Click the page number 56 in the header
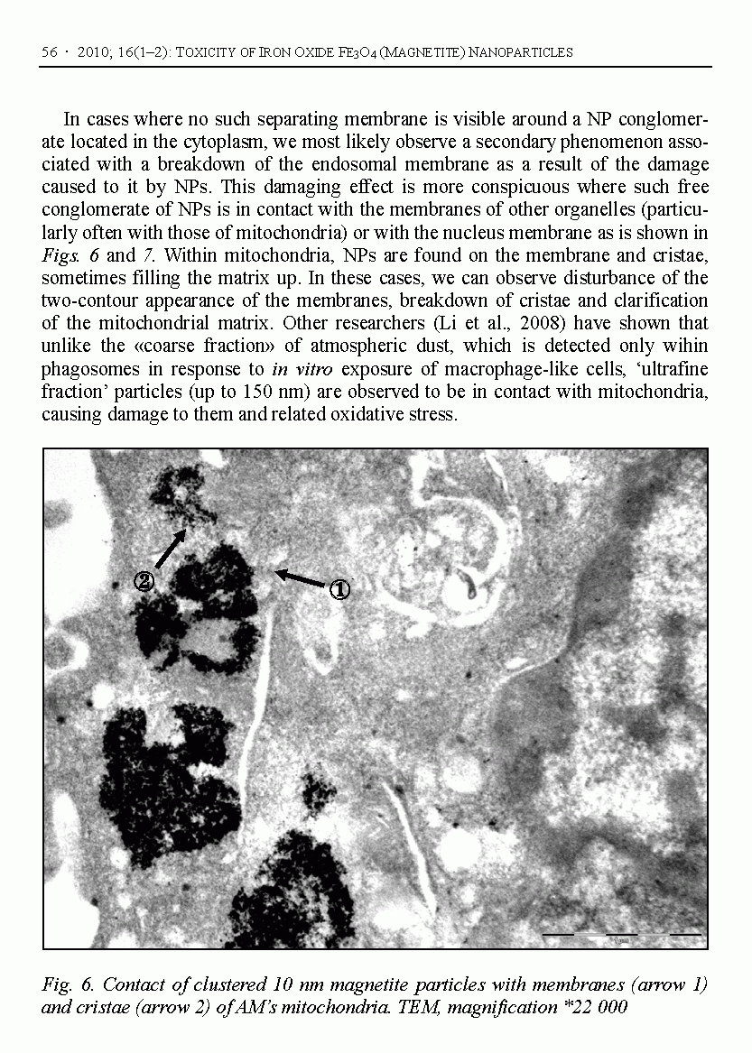[50, 52]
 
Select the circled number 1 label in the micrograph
[339, 589]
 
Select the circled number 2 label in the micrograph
[144, 581]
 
